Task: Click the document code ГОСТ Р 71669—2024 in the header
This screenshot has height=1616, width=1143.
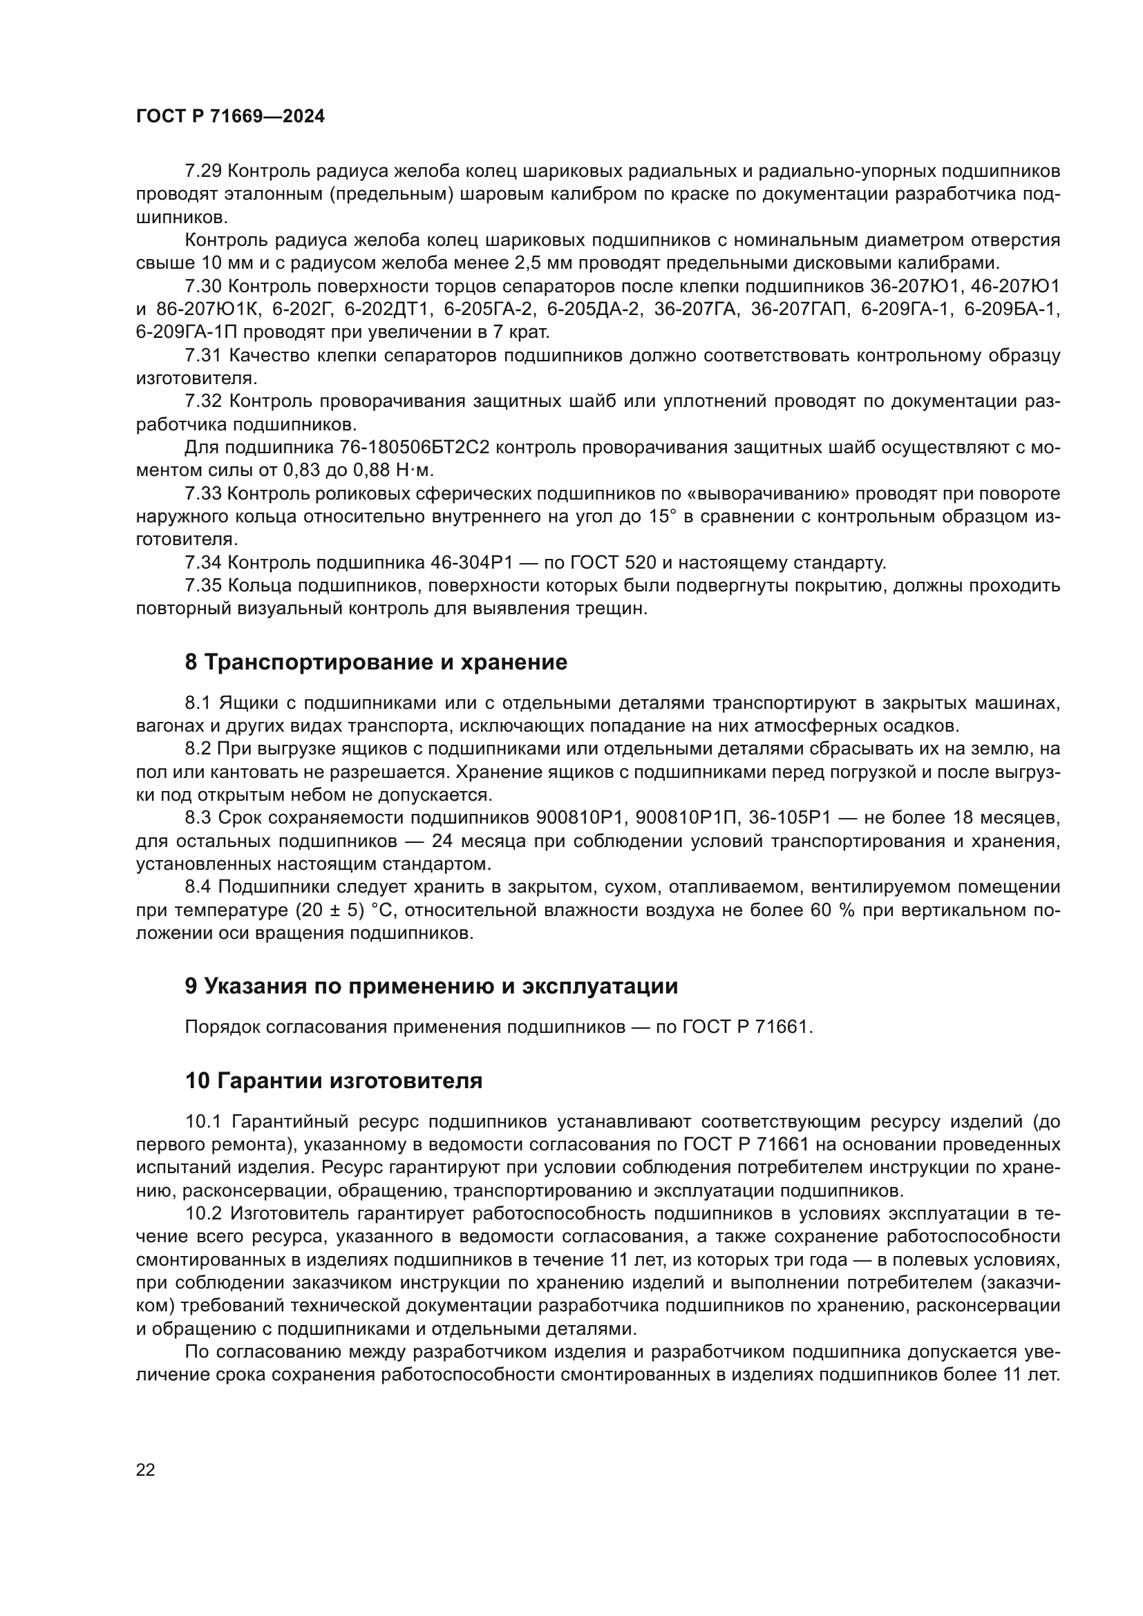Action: [x=230, y=117]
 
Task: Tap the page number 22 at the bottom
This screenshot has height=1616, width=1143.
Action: [x=146, y=1470]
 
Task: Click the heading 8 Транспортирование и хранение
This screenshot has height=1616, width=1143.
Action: [x=376, y=663]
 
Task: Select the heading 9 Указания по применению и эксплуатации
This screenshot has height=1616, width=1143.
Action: [x=431, y=986]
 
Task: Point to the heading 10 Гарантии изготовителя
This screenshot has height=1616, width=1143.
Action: [x=334, y=1081]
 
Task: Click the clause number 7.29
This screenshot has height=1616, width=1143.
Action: [x=203, y=171]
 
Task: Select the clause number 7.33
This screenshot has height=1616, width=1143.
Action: [x=203, y=494]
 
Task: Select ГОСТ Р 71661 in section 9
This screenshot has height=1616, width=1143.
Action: [x=748, y=1027]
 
